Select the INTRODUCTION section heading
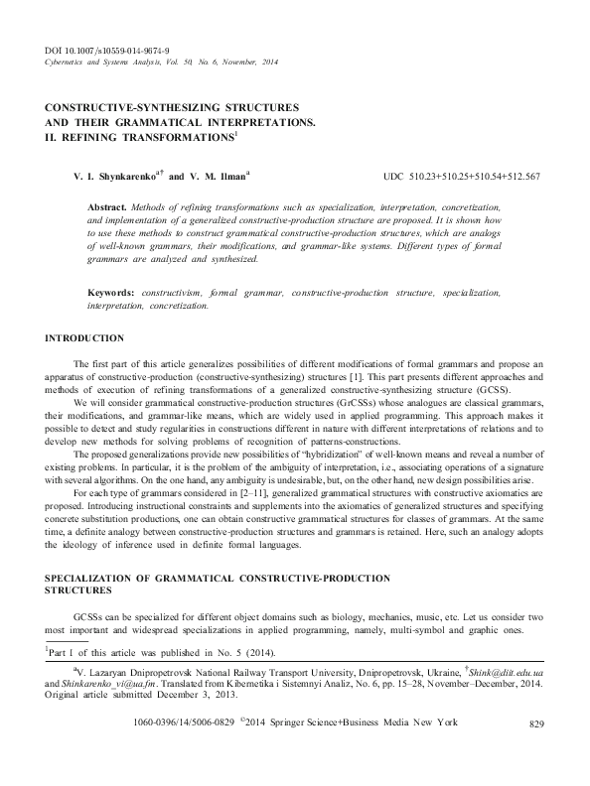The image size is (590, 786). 85,339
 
